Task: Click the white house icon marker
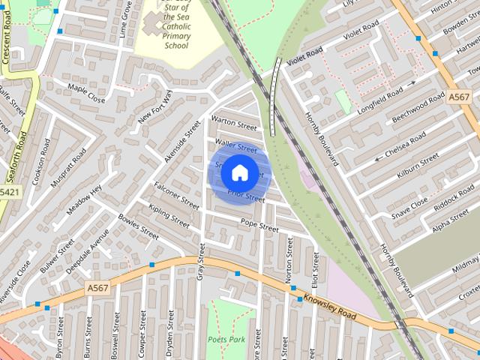[x=238, y=173]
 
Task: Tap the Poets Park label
[x=226, y=340]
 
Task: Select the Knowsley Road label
[x=330, y=304]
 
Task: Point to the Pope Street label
[x=259, y=223]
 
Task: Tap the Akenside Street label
[x=184, y=140]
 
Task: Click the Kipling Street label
[x=169, y=216]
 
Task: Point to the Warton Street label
[x=233, y=122]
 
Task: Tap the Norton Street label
[x=289, y=269]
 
